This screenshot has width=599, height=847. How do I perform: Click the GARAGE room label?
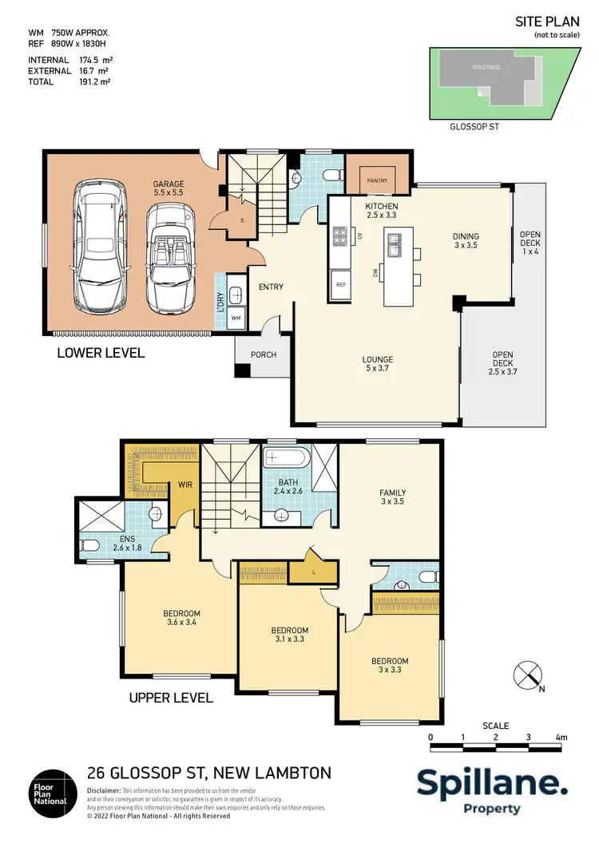pos(169,188)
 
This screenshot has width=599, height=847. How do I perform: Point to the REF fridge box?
pos(340,284)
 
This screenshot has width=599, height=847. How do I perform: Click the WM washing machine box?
pos(236,318)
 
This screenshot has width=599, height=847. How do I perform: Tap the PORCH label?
pos(264,354)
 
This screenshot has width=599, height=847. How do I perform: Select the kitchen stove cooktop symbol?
pos(341,235)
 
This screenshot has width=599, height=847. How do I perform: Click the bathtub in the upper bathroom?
pos(284,459)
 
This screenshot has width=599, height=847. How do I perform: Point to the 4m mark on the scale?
pos(561,737)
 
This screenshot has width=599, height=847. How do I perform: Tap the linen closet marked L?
pos(303,572)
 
